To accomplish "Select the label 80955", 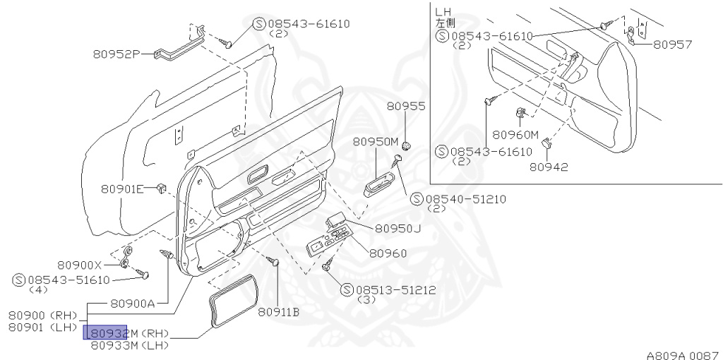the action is pos(406,107).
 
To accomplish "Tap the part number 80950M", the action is pos(376,141).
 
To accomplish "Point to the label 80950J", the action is pos(398,228).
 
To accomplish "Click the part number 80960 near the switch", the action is pos(388,253).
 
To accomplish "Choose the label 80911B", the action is pos(278,311).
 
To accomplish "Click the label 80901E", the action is pos(122,188).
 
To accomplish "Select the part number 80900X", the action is pos(80,265).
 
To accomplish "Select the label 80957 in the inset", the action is pos(672,44).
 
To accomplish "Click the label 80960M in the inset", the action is pos(515,134).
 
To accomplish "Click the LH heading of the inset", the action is pos(443,11).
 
